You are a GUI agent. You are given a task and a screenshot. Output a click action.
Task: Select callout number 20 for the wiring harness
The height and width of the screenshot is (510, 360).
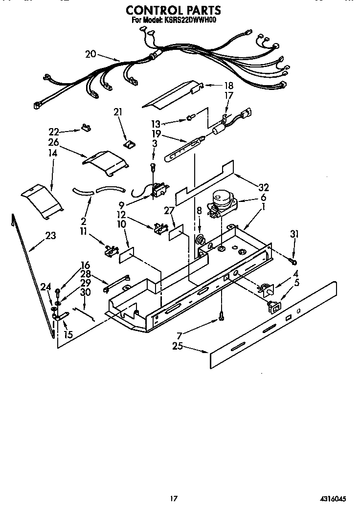[90, 54]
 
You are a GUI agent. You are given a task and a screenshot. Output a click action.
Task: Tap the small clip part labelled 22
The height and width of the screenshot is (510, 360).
[86, 129]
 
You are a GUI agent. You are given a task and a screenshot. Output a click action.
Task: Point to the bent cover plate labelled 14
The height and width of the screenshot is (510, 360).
[43, 200]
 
